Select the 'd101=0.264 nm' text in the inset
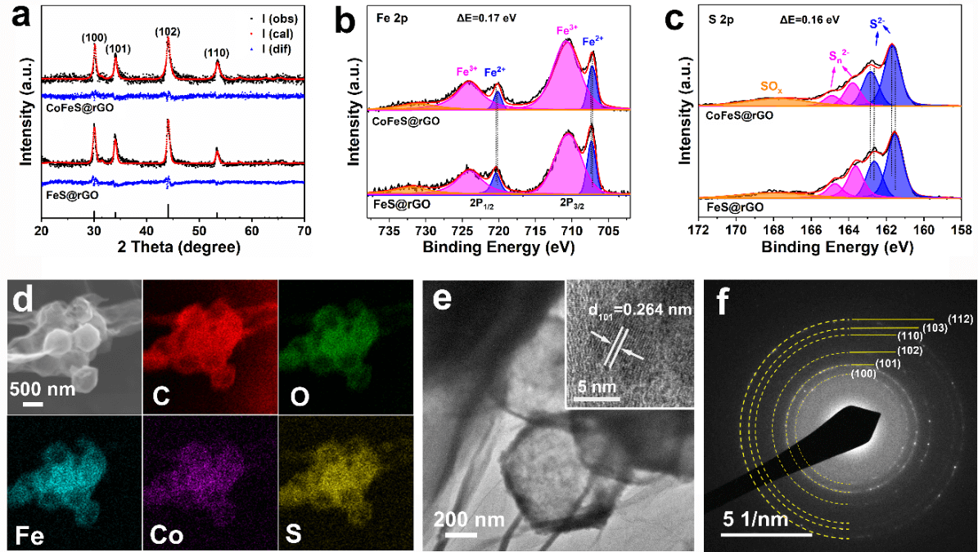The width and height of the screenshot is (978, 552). point(629,309)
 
